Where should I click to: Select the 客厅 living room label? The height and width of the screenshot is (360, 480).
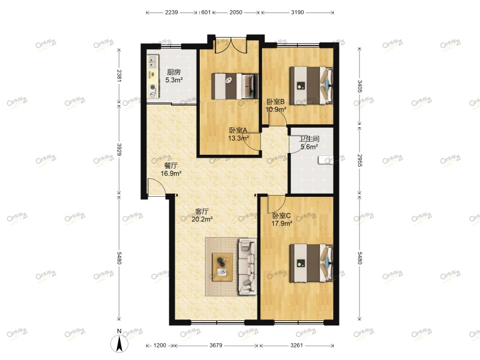202,211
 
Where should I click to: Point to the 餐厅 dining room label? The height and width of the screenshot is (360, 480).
171,166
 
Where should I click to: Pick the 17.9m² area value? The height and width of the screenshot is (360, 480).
281,223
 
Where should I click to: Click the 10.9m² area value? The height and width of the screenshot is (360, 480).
276,109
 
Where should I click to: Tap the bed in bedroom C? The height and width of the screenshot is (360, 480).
311,262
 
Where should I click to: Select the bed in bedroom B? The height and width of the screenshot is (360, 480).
311,85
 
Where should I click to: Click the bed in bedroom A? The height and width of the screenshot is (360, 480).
234,85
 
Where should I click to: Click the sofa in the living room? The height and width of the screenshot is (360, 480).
247,266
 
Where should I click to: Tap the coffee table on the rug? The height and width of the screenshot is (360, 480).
223,267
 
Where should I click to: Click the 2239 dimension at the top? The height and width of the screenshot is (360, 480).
172,12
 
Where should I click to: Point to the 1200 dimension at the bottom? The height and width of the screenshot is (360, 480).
160,346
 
